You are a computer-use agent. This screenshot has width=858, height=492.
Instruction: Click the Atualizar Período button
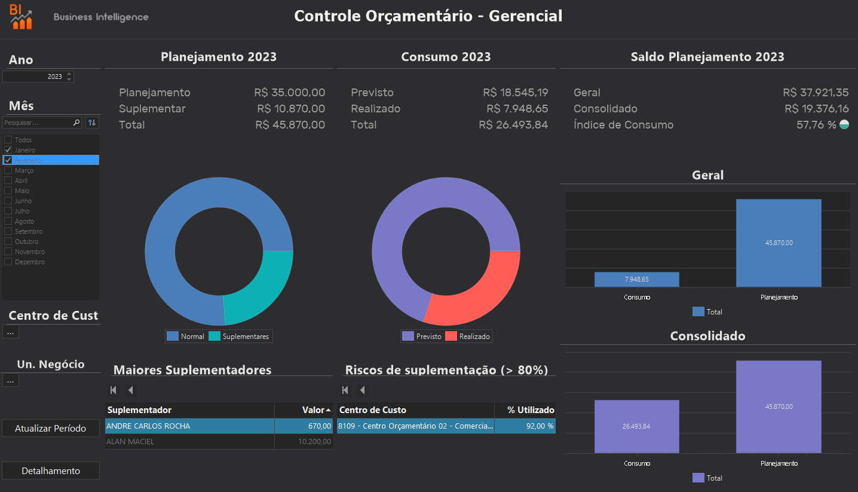pyautogui.click(x=50, y=428)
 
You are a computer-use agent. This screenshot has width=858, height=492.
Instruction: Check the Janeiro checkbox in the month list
pyautogui.click(x=8, y=149)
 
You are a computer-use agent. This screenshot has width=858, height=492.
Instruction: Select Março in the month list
pyautogui.click(x=24, y=170)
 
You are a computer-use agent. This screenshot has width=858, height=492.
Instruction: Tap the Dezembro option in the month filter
pyautogui.click(x=29, y=262)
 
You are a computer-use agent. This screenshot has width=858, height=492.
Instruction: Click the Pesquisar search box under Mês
pyautogui.click(x=37, y=123)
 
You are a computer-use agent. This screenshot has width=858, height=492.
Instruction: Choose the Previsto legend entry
pyautogui.click(x=422, y=337)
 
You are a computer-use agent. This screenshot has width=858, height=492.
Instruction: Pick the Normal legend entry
pyautogui.click(x=186, y=337)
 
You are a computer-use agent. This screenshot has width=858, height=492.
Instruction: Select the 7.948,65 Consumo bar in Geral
pyautogui.click(x=636, y=279)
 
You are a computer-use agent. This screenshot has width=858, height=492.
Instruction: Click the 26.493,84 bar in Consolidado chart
pyautogui.click(x=636, y=426)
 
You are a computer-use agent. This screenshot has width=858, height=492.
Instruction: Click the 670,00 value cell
pyautogui.click(x=303, y=426)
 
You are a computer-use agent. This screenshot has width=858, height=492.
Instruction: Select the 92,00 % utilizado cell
pyautogui.click(x=524, y=426)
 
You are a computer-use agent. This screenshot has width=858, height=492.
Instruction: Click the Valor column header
pyautogui.click(x=303, y=410)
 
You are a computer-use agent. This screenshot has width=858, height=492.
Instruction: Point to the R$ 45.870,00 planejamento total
pyautogui.click(x=290, y=125)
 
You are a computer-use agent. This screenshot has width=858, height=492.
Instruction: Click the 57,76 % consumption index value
pyautogui.click(x=816, y=125)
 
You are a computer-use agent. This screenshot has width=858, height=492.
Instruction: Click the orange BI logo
pyautogui.click(x=22, y=16)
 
